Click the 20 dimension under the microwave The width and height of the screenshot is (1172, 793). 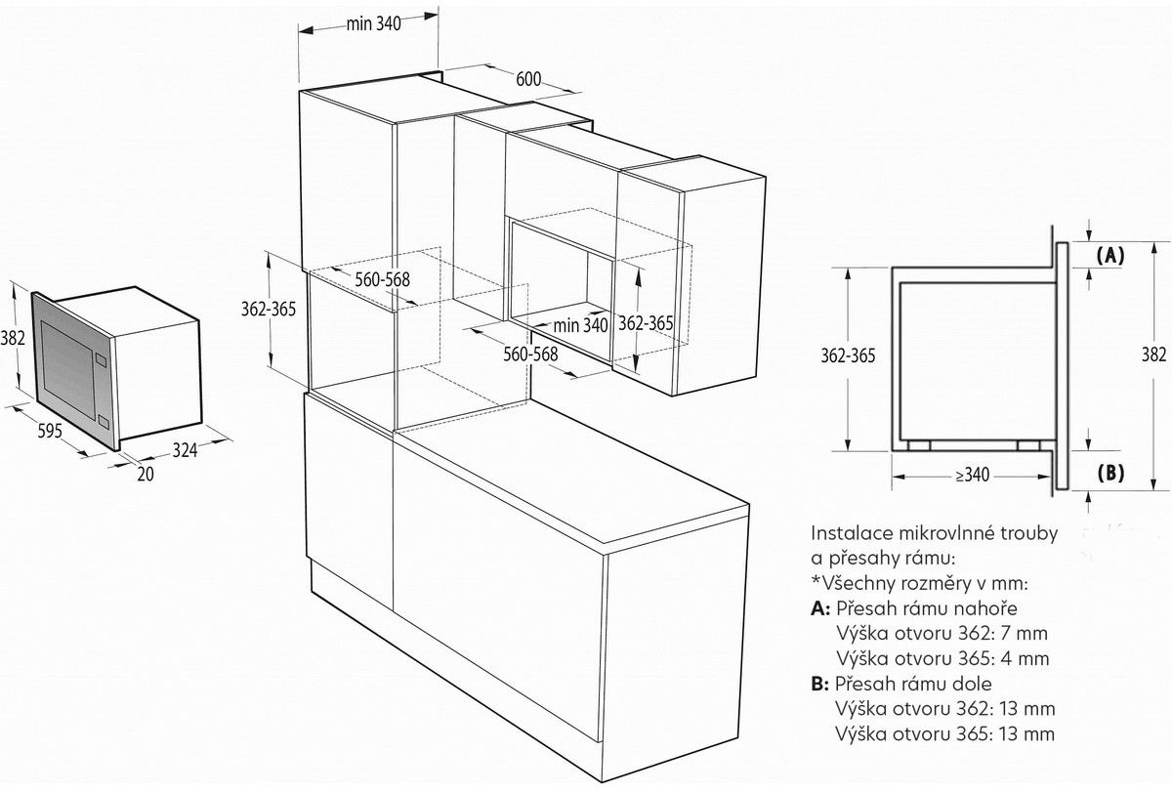click(x=146, y=474)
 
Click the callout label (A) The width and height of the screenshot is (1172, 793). click(x=1110, y=256)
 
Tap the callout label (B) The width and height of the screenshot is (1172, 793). click(x=1110, y=474)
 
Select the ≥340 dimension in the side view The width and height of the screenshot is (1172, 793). click(x=972, y=476)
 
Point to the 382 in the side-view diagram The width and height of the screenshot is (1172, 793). click(x=1153, y=354)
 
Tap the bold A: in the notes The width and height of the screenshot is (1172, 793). click(x=820, y=607)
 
